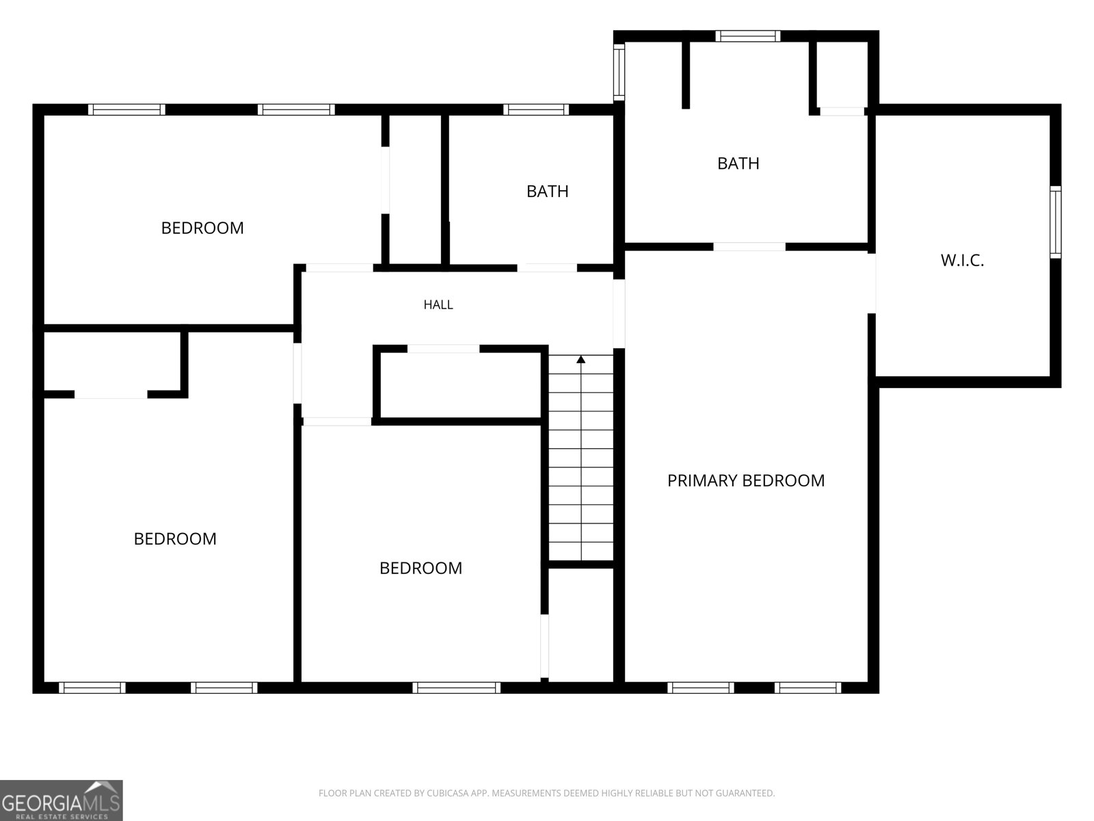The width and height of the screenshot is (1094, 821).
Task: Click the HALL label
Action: (x=438, y=304)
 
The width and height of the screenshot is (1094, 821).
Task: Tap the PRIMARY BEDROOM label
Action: (x=745, y=480)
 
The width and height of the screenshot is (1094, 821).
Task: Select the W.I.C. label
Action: (x=962, y=260)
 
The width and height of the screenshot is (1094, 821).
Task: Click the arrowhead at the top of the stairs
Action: (x=581, y=359)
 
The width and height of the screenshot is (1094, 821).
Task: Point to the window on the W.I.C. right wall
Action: (x=1055, y=222)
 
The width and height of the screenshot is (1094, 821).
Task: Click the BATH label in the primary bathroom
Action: (x=738, y=164)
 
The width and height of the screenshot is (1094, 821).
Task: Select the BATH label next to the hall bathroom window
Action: (x=547, y=192)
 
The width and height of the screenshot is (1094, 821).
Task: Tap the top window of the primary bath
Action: (x=747, y=36)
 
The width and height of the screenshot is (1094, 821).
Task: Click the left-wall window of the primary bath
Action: (x=619, y=73)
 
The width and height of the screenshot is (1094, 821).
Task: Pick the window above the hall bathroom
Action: (x=536, y=109)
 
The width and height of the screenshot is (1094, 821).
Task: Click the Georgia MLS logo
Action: (x=62, y=800)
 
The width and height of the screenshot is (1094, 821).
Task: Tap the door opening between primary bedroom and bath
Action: (x=749, y=247)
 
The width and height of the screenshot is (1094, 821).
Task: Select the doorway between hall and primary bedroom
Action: (x=619, y=313)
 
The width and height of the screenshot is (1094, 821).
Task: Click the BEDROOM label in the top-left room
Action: (x=202, y=229)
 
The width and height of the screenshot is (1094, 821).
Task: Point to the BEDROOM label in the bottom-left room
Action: (x=175, y=539)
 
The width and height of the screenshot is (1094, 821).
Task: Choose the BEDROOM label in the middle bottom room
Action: (x=421, y=569)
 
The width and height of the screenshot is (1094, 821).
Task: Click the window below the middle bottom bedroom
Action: (x=456, y=688)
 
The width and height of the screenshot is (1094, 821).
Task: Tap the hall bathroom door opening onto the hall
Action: (x=547, y=268)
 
